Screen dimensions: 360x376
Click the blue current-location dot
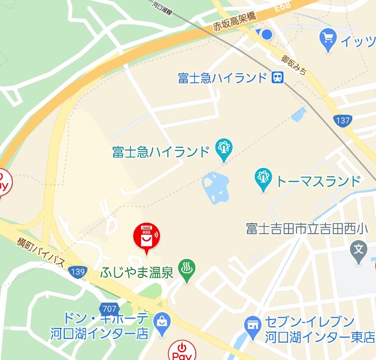tap(266, 35)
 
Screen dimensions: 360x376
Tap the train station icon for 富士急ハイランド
tap(278, 78)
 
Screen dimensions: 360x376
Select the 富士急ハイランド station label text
tap(223, 78)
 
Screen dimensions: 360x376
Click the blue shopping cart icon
tap(329, 38)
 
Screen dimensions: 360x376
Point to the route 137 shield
tap(342, 121)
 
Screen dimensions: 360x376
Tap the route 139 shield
tap(77, 272)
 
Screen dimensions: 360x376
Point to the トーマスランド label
tap(319, 181)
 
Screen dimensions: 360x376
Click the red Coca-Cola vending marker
tap(147, 237)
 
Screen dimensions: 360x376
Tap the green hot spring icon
tap(186, 268)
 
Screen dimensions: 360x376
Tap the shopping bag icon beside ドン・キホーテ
tap(162, 322)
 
